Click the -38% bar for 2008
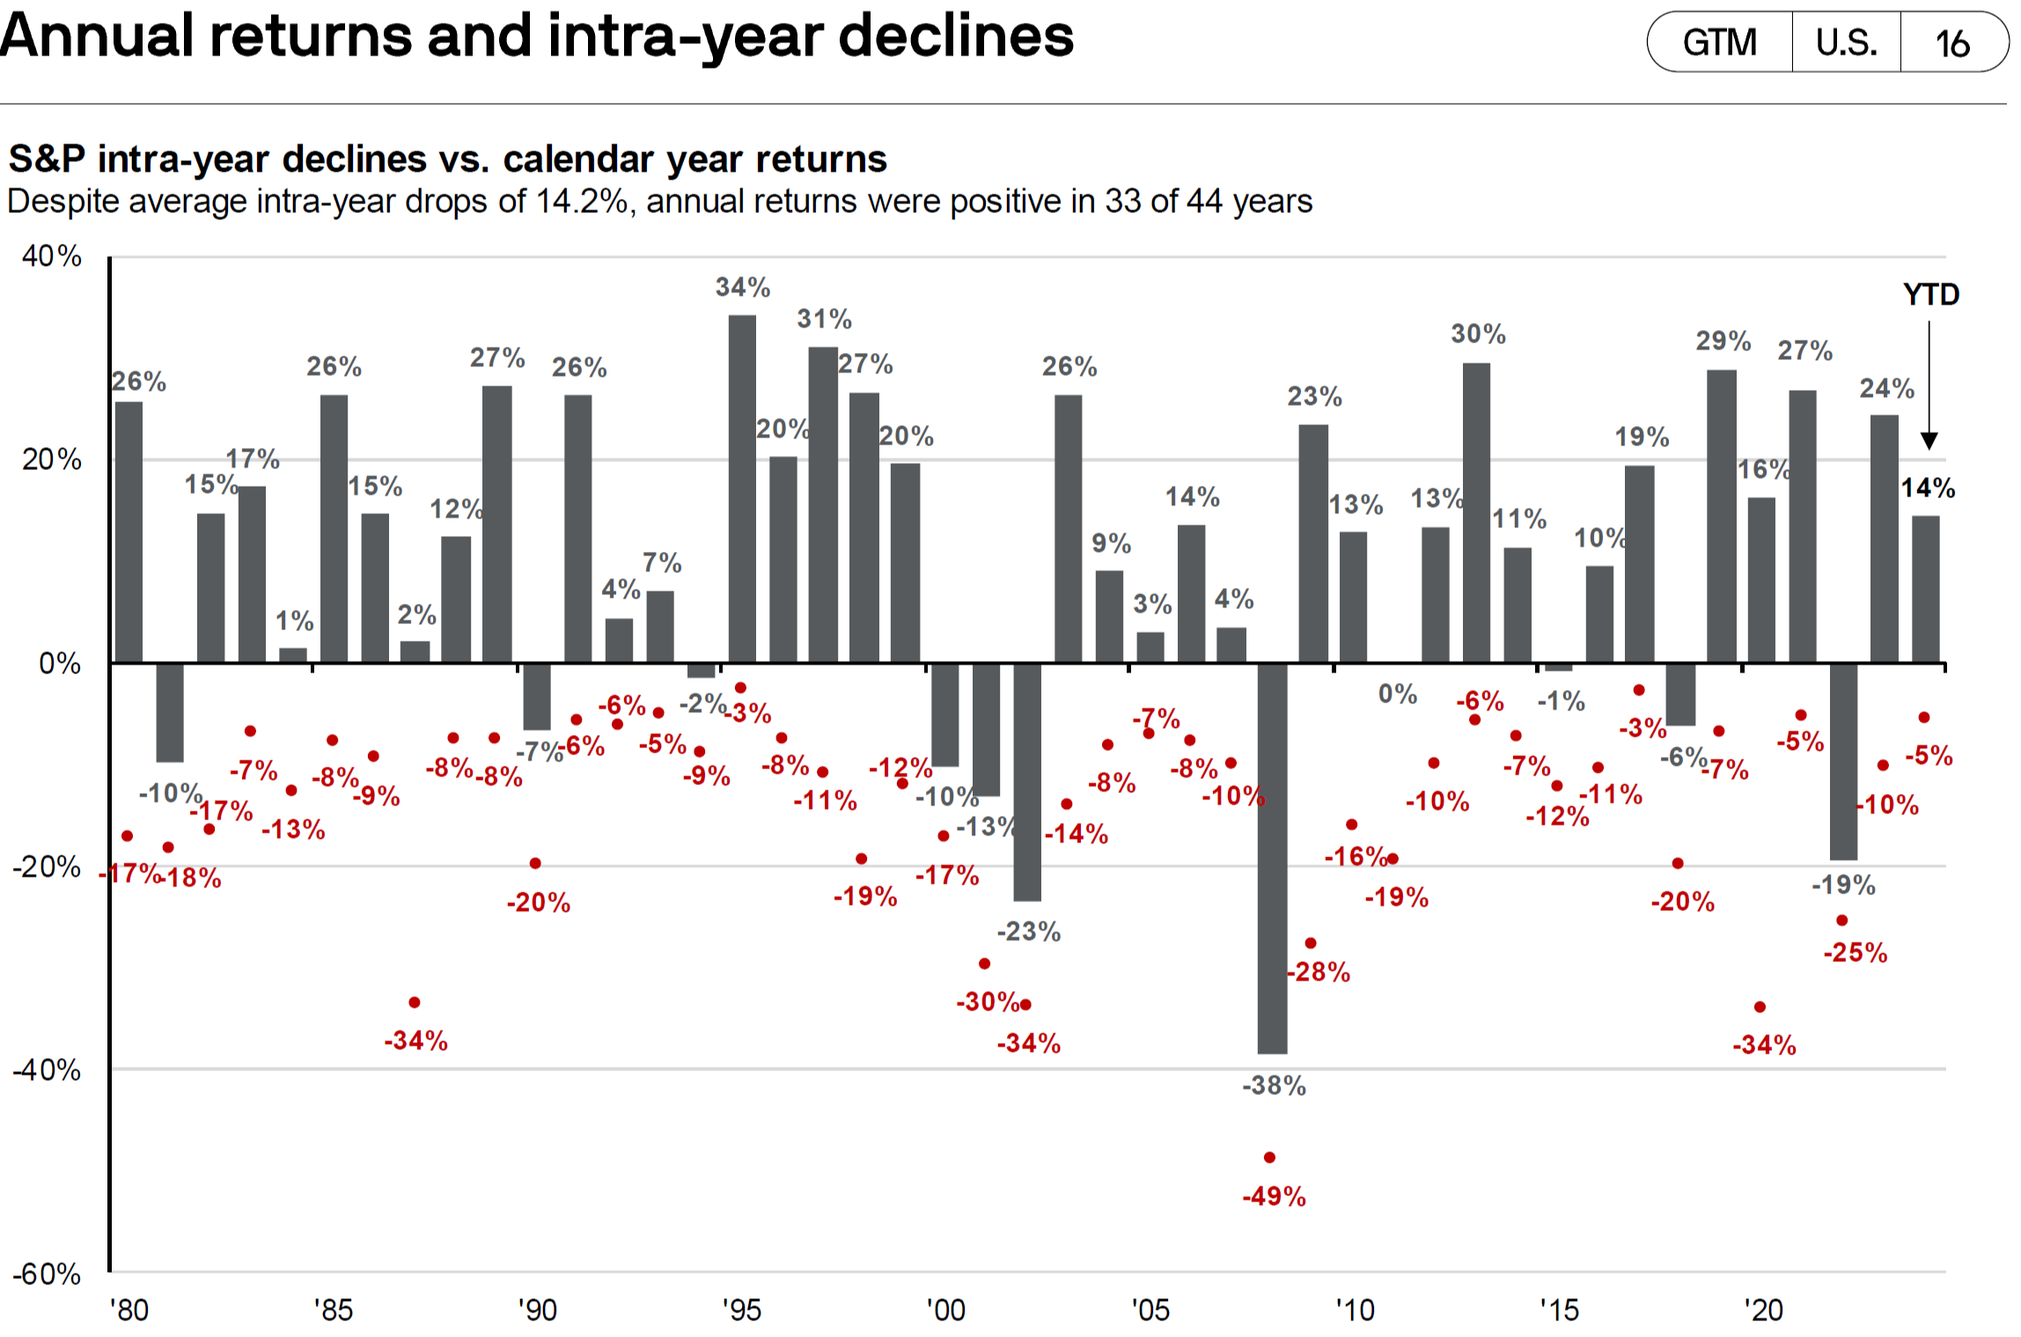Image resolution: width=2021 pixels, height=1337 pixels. point(1272,858)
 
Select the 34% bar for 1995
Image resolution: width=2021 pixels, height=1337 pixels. point(742,489)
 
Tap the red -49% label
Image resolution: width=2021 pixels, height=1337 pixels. point(1274,1196)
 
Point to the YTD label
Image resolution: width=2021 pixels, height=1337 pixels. point(1931,294)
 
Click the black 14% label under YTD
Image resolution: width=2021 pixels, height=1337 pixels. point(1928,489)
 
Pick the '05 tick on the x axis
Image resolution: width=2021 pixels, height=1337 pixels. point(1150,1310)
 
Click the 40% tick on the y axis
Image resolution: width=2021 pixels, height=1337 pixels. point(51,256)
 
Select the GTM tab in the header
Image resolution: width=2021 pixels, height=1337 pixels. point(1719,42)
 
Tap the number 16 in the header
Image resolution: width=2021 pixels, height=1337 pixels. point(1952,43)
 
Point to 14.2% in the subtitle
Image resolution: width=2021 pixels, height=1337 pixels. point(582,202)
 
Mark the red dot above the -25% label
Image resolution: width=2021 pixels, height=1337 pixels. point(1842,921)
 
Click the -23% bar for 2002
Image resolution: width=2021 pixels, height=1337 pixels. point(1027,782)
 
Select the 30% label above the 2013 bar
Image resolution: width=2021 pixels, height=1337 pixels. point(1478,334)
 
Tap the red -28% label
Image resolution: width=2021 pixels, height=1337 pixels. point(1318,972)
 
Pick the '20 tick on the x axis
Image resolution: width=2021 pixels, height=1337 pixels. point(1763,1310)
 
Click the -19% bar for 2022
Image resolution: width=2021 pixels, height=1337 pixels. point(1843,761)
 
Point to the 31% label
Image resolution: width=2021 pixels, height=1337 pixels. point(824,319)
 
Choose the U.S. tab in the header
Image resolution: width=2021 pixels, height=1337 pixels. point(1846,42)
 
